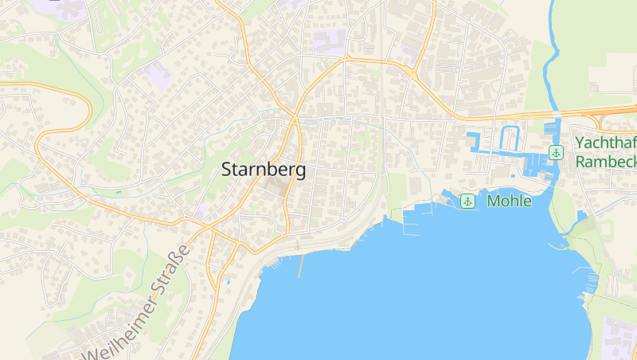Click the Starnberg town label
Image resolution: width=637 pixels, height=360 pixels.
[263, 170]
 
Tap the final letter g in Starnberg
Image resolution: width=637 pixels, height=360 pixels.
[299, 171]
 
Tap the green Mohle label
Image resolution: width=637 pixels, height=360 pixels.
[509, 201]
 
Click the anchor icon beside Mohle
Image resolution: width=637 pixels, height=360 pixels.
[467, 201]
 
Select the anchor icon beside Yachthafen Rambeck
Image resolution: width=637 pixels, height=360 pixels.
[556, 152]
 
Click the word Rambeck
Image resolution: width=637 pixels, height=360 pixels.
[606, 161]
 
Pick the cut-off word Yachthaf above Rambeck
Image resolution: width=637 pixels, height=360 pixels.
[606, 143]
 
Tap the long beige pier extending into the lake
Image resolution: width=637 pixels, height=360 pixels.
[300, 266]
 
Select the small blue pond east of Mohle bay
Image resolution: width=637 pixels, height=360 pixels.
[581, 215]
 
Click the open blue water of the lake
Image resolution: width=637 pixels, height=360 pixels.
[438, 295]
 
